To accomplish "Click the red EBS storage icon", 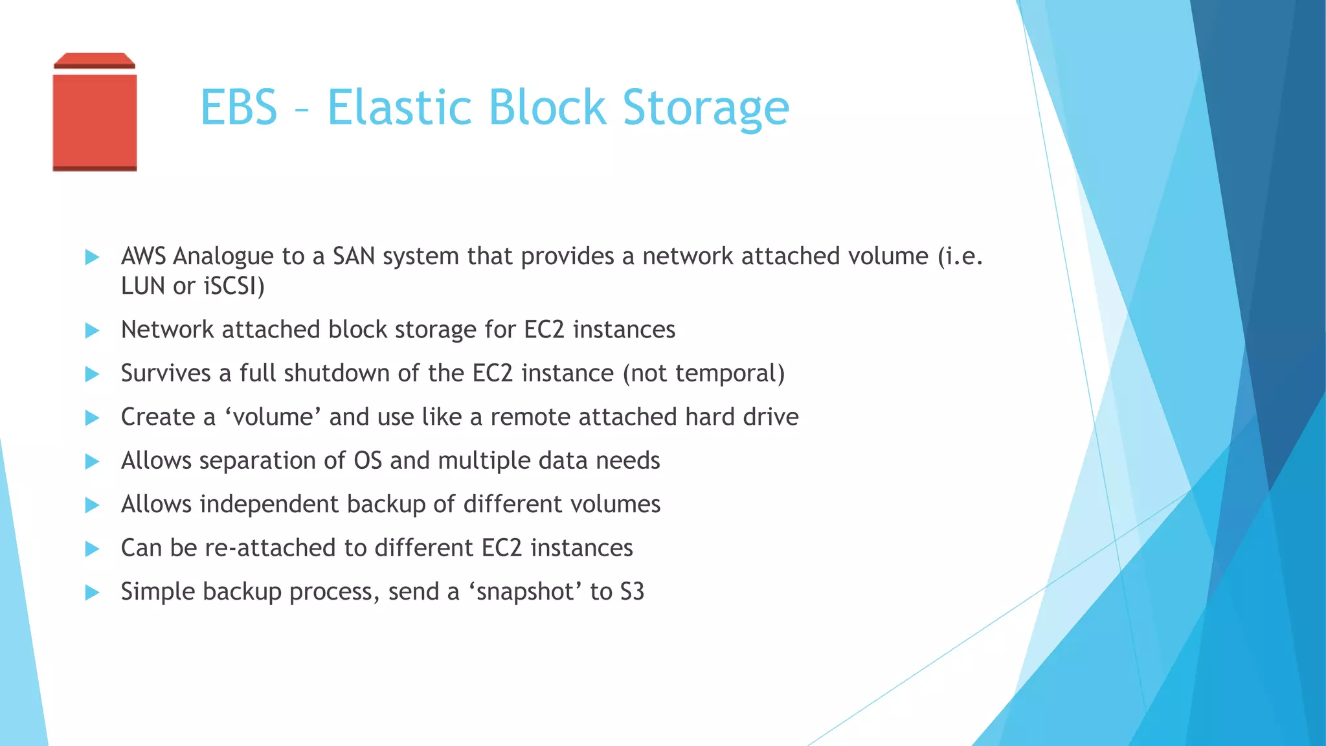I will click(95, 113).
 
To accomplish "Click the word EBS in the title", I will click(239, 107).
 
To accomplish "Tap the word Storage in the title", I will click(706, 107).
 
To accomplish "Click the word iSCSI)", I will click(234, 286).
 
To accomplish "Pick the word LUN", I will click(142, 286).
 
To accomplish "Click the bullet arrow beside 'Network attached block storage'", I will click(92, 331).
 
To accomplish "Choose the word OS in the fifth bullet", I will click(367, 461).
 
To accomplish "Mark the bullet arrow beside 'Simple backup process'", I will click(92, 593).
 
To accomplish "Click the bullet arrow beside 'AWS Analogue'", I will click(92, 257).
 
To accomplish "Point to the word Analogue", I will click(223, 257).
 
